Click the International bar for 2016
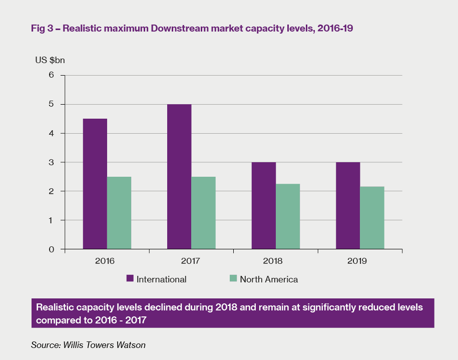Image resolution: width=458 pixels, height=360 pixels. pyautogui.click(x=95, y=184)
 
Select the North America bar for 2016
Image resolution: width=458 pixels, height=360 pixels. pyautogui.click(x=119, y=213)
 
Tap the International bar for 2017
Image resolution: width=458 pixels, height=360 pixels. pyautogui.click(x=179, y=176)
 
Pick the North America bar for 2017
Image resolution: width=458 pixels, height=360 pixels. pyautogui.click(x=203, y=213)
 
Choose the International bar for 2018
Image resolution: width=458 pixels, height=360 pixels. pyautogui.click(x=264, y=205)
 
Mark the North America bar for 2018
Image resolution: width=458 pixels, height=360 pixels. pyautogui.click(x=288, y=216)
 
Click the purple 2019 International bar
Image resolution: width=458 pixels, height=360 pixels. pyautogui.click(x=348, y=205)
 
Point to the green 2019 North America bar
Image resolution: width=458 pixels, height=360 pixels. pyautogui.click(x=372, y=218)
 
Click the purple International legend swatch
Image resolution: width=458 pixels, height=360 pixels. pyautogui.click(x=130, y=279)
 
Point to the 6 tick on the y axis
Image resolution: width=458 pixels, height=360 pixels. pyautogui.click(x=51, y=75)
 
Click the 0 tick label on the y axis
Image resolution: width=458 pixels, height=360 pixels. pyautogui.click(x=51, y=249)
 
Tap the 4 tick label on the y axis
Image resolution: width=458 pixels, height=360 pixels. pyautogui.click(x=51, y=133)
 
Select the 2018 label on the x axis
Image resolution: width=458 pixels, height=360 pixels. pyautogui.click(x=272, y=261)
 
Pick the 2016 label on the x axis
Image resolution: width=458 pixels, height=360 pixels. pyautogui.click(x=104, y=261)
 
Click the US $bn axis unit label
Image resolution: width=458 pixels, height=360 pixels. pyautogui.click(x=50, y=61)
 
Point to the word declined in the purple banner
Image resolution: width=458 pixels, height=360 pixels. pyautogui.click(x=163, y=307)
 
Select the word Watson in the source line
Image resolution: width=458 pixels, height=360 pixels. pyautogui.click(x=132, y=344)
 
